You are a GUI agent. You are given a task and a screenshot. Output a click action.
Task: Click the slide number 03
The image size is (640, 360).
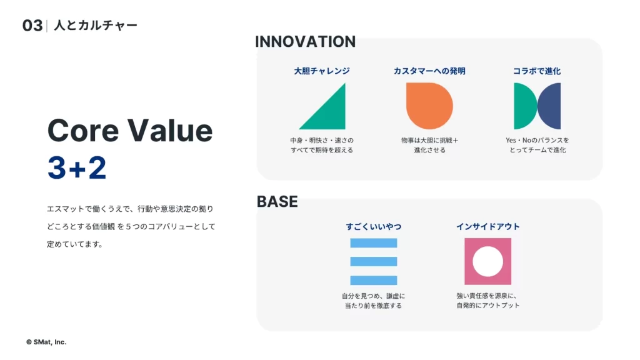click(32, 26)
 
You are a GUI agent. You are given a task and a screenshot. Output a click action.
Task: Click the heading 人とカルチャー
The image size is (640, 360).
click(96, 25)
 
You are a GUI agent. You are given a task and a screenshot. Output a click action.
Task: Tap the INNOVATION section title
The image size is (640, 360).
click(305, 42)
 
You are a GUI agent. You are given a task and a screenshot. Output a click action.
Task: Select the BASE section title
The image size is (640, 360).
click(277, 202)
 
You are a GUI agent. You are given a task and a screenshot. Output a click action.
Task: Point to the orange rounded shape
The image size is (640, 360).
click(429, 106)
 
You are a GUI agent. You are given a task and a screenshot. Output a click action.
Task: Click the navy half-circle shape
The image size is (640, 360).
click(550, 106)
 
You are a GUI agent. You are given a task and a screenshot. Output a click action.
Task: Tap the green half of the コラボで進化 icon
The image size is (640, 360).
click(523, 106)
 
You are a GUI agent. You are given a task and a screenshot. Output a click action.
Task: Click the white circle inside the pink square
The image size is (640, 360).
click(487, 262)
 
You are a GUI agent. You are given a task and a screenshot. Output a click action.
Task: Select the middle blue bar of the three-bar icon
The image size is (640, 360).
click(374, 262)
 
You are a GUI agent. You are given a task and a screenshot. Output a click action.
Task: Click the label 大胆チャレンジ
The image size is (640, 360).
click(322, 71)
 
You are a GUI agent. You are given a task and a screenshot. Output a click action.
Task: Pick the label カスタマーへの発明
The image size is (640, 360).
click(429, 71)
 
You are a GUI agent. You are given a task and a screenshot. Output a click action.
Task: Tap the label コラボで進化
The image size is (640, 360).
click(537, 71)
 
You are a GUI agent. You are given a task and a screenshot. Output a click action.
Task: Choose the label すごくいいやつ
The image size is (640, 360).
click(374, 226)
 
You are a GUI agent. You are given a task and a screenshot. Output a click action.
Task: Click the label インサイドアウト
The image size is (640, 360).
click(487, 226)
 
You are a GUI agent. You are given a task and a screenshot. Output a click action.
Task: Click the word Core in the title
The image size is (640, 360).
click(83, 131)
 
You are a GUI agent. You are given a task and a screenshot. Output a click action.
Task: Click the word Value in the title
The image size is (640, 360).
click(170, 131)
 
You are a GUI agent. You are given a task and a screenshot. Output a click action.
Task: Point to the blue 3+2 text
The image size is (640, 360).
click(77, 167)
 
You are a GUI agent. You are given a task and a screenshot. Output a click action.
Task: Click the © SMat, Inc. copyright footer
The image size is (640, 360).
click(46, 342)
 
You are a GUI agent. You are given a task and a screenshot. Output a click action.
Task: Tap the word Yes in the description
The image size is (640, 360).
click(511, 141)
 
